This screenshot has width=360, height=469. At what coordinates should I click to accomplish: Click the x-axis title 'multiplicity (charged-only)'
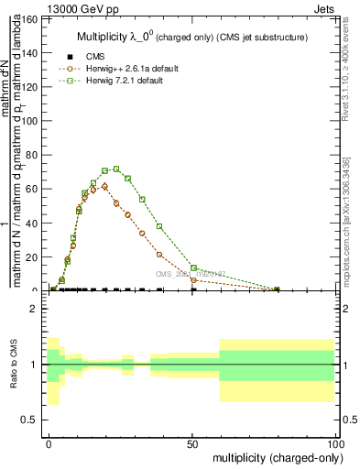coord(274,456)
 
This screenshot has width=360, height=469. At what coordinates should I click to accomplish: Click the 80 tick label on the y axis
coord(33,155)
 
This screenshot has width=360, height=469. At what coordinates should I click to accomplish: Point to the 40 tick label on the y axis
coord(33,223)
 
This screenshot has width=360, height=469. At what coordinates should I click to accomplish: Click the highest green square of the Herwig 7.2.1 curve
coord(116,169)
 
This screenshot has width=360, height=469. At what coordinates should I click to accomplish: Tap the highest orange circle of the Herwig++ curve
coord(104,186)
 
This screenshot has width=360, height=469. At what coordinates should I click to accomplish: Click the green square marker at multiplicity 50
coord(193,267)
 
